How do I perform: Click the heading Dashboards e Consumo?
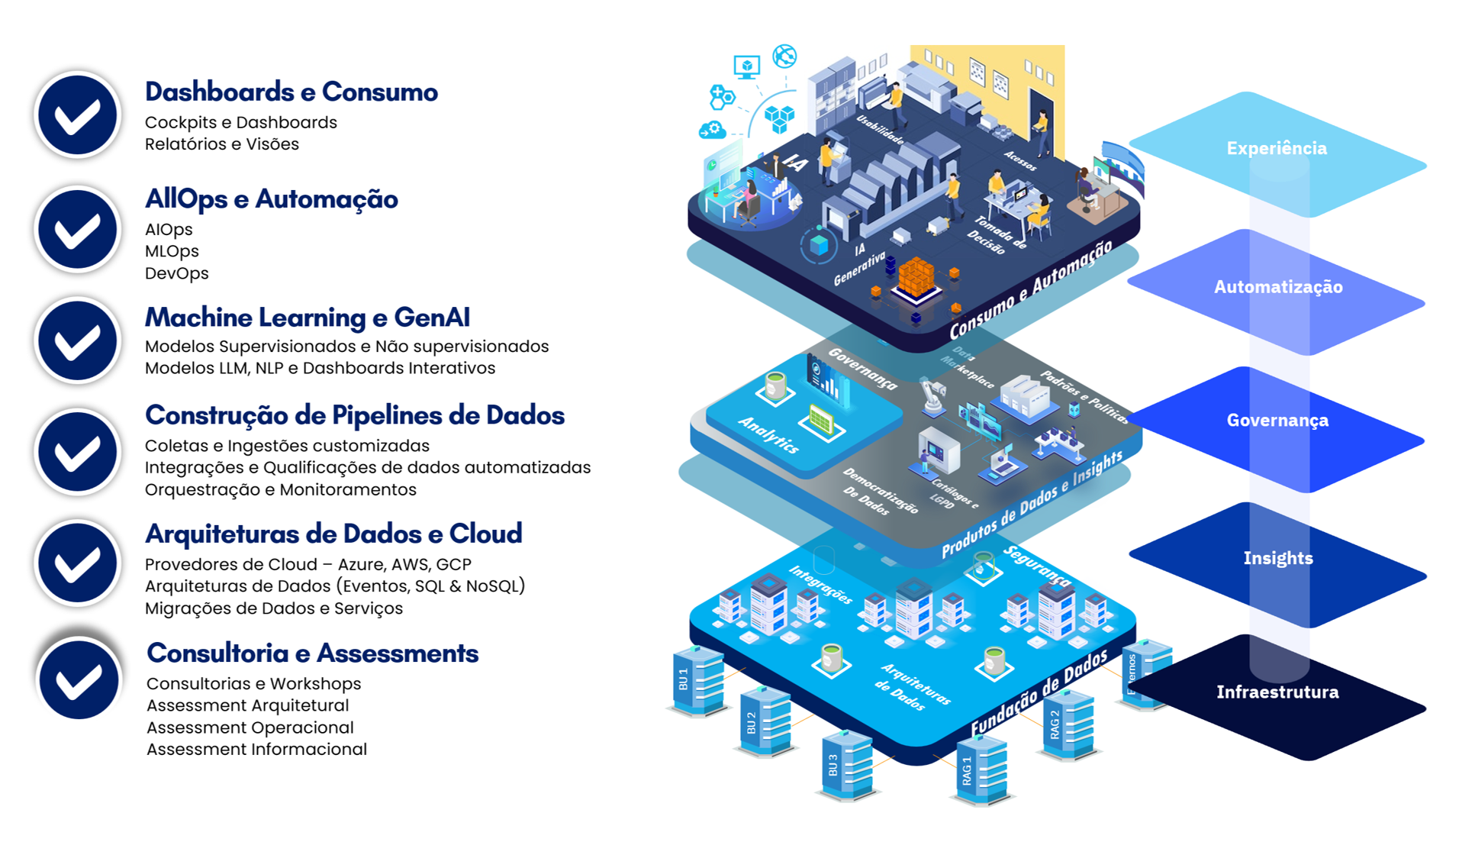pyautogui.click(x=291, y=92)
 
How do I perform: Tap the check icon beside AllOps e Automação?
pyautogui.click(x=77, y=229)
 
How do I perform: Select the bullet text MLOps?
pyautogui.click(x=172, y=251)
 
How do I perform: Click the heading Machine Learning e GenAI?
pyautogui.click(x=307, y=317)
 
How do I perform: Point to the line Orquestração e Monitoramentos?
pyautogui.click(x=280, y=489)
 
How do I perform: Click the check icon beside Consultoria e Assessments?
pyautogui.click(x=79, y=679)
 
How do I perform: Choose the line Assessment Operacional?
pyautogui.click(x=250, y=727)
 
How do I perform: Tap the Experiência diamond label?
pyautogui.click(x=1277, y=148)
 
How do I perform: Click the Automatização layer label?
pyautogui.click(x=1278, y=287)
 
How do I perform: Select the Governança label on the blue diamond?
pyautogui.click(x=1277, y=420)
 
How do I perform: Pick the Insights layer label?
pyautogui.click(x=1278, y=558)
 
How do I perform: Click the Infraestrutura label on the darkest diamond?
pyautogui.click(x=1277, y=692)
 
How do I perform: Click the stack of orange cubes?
pyautogui.click(x=916, y=278)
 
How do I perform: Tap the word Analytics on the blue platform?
pyautogui.click(x=768, y=435)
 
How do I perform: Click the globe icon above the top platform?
pyautogui.click(x=784, y=56)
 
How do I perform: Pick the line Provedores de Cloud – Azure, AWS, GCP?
pyautogui.click(x=308, y=564)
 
